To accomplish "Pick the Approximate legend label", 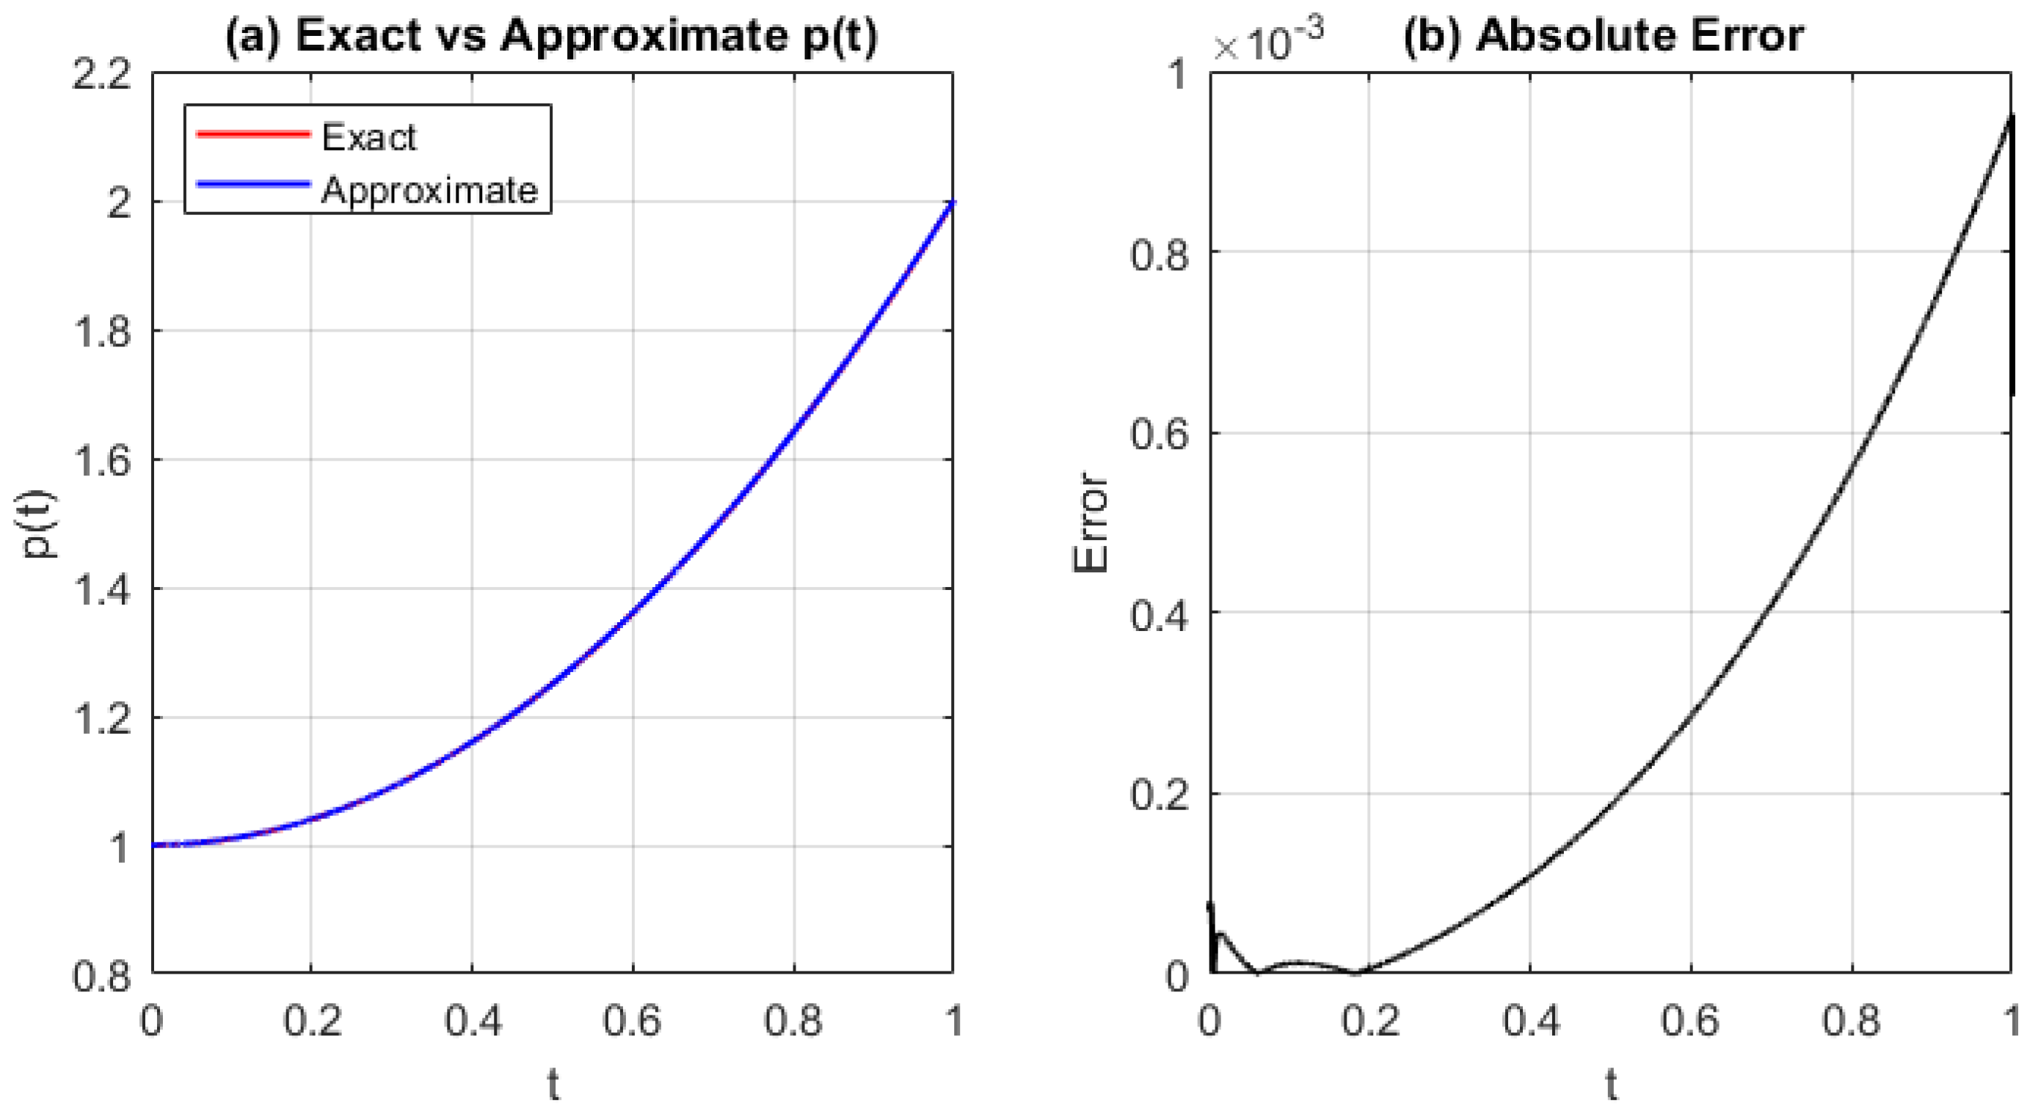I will (429, 190).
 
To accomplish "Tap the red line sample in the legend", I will (252, 134).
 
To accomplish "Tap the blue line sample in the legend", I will (252, 185).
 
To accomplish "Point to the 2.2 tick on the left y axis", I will (101, 76).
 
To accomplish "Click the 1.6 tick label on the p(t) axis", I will (101, 461).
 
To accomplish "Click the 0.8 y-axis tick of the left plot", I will (101, 976).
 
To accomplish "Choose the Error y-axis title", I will (1091, 522).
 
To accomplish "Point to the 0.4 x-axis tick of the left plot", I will (473, 1020).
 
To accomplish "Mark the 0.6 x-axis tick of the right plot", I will (1690, 1020).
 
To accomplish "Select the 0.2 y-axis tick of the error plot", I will (1159, 794).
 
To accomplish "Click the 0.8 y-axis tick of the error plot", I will (1159, 255).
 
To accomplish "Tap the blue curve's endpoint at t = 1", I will (952, 203).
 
